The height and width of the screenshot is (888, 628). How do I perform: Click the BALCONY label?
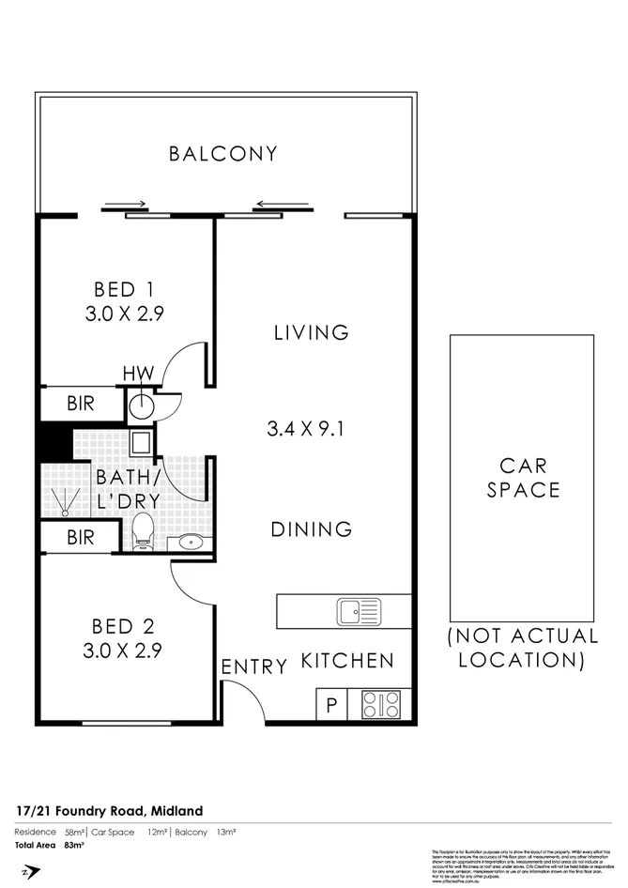tap(223, 154)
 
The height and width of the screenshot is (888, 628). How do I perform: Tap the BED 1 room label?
tap(125, 302)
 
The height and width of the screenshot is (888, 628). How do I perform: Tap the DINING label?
tap(312, 529)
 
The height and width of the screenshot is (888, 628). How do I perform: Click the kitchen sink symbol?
tap(360, 612)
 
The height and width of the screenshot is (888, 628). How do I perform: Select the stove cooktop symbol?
tap(380, 704)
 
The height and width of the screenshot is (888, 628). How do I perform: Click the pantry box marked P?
tap(330, 705)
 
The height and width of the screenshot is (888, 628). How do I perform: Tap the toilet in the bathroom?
tap(143, 532)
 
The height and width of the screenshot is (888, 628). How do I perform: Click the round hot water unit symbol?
tap(141, 406)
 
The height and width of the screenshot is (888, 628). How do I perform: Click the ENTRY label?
tap(253, 666)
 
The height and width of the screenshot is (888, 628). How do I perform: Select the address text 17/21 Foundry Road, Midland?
tap(109, 811)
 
